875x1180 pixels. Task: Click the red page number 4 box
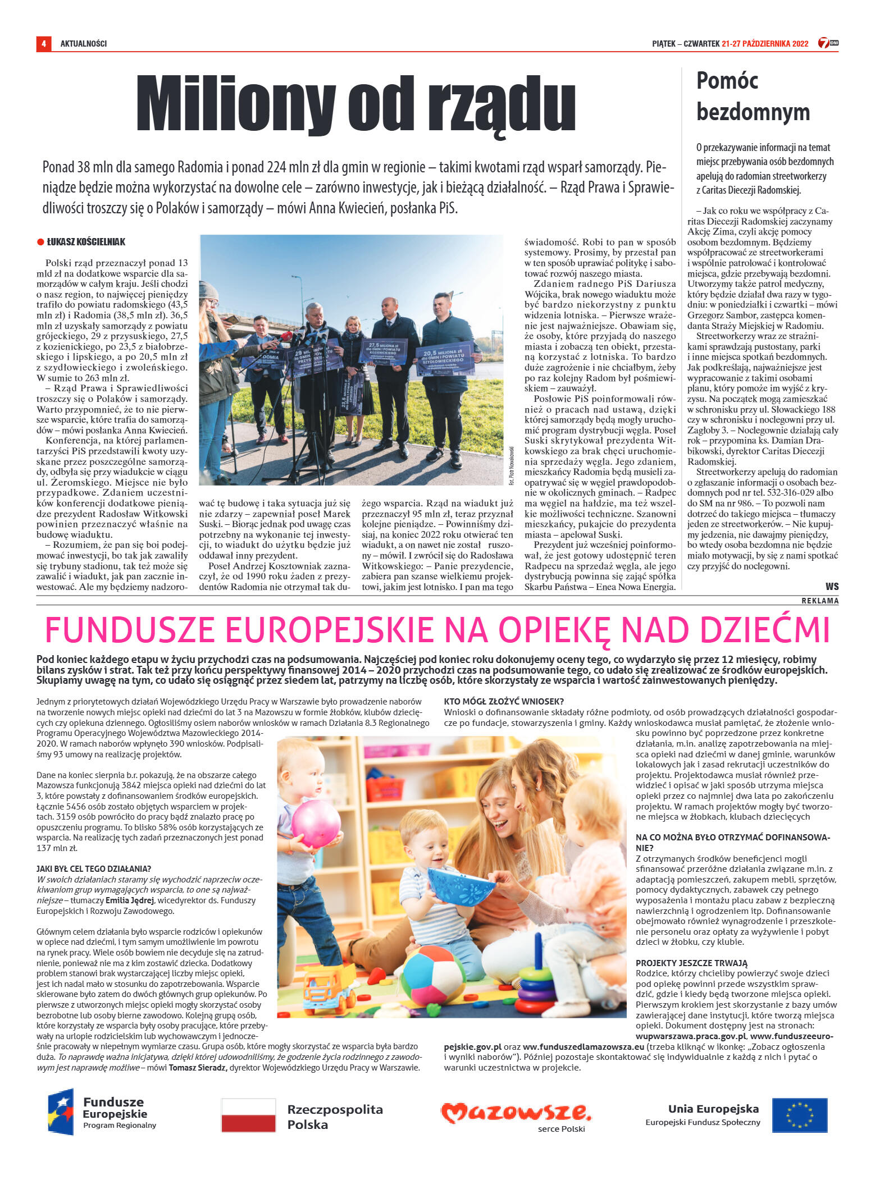pyautogui.click(x=43, y=43)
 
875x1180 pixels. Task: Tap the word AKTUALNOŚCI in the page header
pyautogui.click(x=84, y=44)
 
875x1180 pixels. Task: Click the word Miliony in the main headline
pyautogui.click(x=235, y=103)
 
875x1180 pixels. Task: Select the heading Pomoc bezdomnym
pyautogui.click(x=753, y=96)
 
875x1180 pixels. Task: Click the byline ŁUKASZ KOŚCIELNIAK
pyautogui.click(x=86, y=242)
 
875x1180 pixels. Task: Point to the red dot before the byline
pyautogui.click(x=40, y=242)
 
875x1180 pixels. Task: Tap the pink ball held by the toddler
pyautogui.click(x=316, y=824)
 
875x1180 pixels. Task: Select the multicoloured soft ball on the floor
pyautogui.click(x=432, y=975)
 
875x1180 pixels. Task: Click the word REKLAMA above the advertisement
pyautogui.click(x=820, y=601)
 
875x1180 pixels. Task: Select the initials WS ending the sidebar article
pyautogui.click(x=832, y=587)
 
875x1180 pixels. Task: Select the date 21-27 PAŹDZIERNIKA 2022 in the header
pyautogui.click(x=765, y=44)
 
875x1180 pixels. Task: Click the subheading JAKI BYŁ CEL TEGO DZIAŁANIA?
pyautogui.click(x=94, y=869)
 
